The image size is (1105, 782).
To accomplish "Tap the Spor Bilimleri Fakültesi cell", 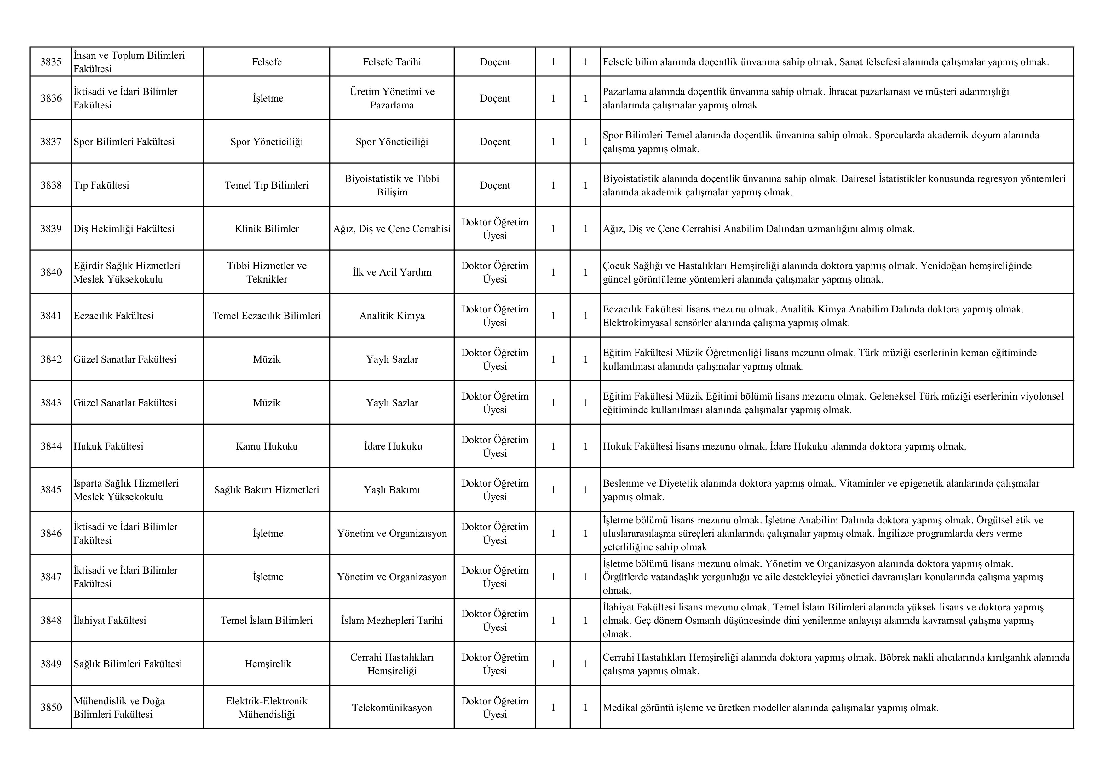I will click(x=124, y=142).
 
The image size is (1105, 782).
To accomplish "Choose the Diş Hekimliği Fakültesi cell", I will click(x=124, y=229).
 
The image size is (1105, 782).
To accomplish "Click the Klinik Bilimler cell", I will click(x=267, y=229).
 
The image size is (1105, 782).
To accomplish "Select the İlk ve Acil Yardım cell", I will click(x=392, y=272).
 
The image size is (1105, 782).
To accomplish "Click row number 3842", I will click(x=51, y=359).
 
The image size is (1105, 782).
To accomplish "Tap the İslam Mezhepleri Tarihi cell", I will click(x=392, y=621).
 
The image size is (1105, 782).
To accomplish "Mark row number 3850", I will click(x=51, y=707).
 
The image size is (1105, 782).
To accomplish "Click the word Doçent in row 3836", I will click(x=495, y=98).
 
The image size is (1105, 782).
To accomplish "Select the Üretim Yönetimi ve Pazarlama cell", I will click(x=392, y=98).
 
